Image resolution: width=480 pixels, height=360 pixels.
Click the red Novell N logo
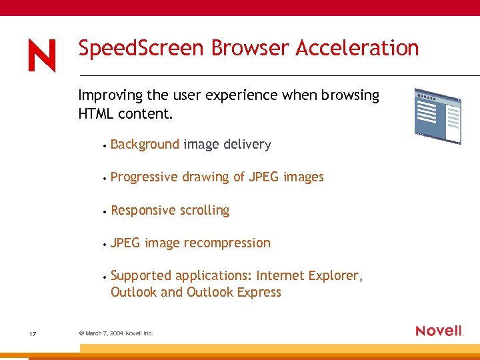pos(42,55)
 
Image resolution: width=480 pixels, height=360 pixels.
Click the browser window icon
pos(437,116)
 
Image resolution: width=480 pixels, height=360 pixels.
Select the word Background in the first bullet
pos(145,144)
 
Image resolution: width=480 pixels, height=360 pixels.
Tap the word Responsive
pos(142,210)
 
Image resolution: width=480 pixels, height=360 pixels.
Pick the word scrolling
pos(203,210)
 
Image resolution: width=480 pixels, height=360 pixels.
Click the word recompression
pos(227,243)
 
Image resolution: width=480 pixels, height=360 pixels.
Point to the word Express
pos(257,293)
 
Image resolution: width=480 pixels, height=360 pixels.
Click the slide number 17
pos(33,333)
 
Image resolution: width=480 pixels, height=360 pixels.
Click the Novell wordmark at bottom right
pos(439,331)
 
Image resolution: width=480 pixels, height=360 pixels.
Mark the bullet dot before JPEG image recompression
pos(105,244)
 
